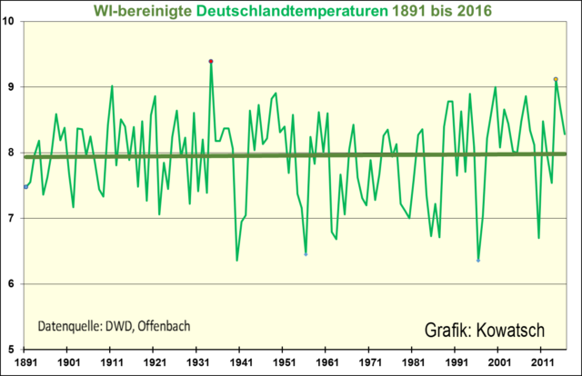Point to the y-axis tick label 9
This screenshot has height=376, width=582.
(x=13, y=86)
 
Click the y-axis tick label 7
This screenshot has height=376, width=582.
(x=13, y=218)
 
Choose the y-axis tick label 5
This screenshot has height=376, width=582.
(x=13, y=349)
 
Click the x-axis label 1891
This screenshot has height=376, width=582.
(x=26, y=361)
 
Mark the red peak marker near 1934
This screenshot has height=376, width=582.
(x=210, y=62)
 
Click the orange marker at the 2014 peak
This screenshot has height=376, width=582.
(x=556, y=79)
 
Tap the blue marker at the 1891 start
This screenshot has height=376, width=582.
(x=25, y=186)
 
